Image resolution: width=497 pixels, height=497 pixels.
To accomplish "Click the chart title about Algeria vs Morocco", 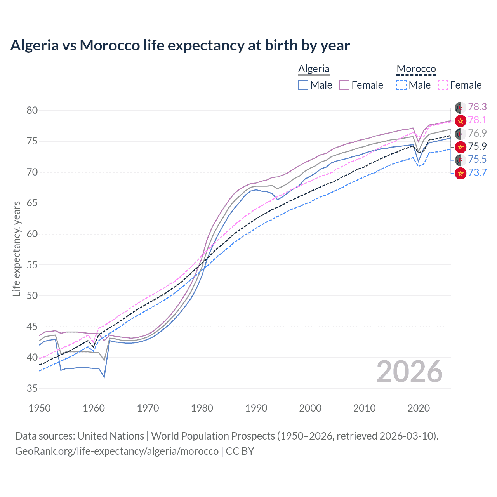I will pyautogui.click(x=180, y=45).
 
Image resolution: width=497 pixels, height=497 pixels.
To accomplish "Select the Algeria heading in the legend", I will pyautogui.click(x=314, y=69).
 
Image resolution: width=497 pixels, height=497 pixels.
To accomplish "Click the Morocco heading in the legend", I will pyautogui.click(x=416, y=69).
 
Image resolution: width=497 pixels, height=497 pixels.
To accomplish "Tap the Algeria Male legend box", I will pyautogui.click(x=303, y=85).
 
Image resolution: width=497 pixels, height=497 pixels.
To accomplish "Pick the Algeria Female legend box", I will pyautogui.click(x=344, y=85).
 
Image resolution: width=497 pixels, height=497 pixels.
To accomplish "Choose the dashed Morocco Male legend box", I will pyautogui.click(x=401, y=85).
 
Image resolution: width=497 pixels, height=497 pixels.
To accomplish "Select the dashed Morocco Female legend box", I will pyautogui.click(x=443, y=85).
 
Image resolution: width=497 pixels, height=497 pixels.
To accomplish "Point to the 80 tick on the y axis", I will pyautogui.click(x=32, y=110).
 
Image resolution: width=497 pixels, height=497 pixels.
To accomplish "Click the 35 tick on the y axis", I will pyautogui.click(x=32, y=388).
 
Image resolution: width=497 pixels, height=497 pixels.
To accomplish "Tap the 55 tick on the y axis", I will pyautogui.click(x=32, y=265).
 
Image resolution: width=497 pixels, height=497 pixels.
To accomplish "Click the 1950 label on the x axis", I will pyautogui.click(x=40, y=408).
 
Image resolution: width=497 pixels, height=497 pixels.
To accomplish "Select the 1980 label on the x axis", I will pyautogui.click(x=202, y=408).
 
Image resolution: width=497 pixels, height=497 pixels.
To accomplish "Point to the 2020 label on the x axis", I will pyautogui.click(x=419, y=408).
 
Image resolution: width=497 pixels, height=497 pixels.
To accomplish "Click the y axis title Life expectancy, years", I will pyautogui.click(x=16, y=248).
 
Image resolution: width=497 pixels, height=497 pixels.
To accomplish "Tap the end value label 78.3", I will pyautogui.click(x=477, y=107).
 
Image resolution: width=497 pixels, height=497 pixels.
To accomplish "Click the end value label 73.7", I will pyautogui.click(x=477, y=172).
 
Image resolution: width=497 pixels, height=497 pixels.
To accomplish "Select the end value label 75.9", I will pyautogui.click(x=477, y=146).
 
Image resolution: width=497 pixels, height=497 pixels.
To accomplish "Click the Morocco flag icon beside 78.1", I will pyautogui.click(x=461, y=121).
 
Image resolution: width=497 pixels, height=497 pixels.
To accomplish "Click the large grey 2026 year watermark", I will pyautogui.click(x=409, y=372).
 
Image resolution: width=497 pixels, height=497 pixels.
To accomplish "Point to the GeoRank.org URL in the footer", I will pyautogui.click(x=117, y=451).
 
